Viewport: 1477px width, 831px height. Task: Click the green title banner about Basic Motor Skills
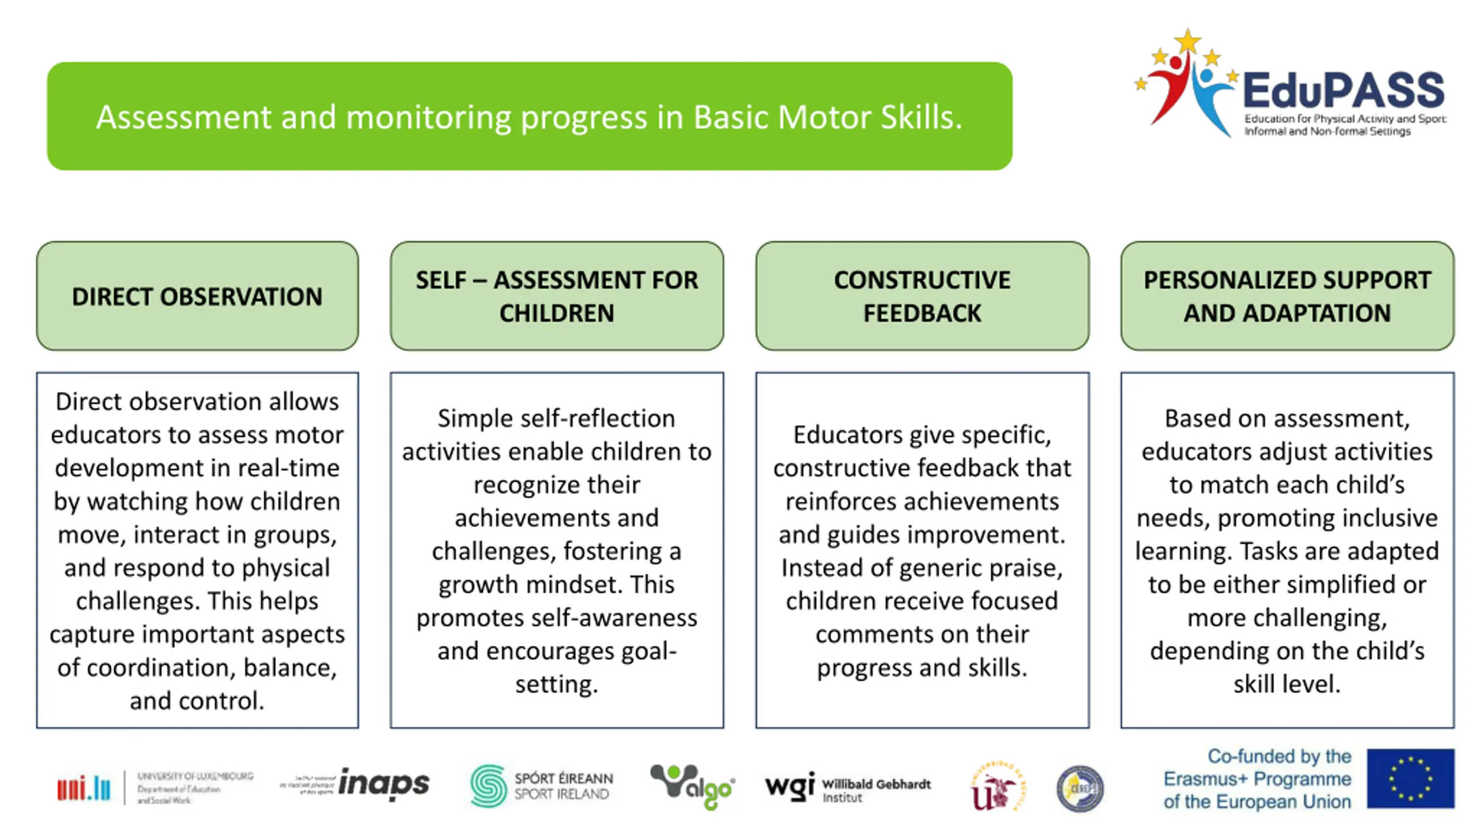point(529,116)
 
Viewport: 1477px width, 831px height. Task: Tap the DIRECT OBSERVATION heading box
point(197,296)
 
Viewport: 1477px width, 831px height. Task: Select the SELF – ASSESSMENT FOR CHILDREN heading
point(557,296)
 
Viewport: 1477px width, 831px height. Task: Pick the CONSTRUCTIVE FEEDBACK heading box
point(922,296)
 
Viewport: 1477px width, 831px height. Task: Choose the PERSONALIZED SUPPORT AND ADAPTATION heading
point(1287,296)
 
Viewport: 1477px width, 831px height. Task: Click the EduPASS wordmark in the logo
point(1344,91)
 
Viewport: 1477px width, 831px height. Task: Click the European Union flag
point(1411,778)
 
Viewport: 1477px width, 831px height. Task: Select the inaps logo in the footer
point(384,783)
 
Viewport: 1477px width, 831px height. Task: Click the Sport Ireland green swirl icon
point(488,785)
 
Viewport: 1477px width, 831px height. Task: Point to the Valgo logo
point(691,786)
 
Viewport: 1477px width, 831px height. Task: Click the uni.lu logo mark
point(84,788)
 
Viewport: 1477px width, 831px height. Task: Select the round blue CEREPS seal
point(1079,788)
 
